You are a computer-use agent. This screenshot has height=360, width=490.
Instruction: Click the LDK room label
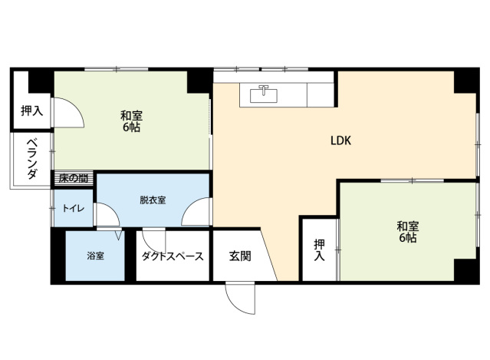[x=340, y=140]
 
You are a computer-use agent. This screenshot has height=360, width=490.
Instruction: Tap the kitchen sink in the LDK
[x=264, y=94]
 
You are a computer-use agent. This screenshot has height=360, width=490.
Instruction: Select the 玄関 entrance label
[x=239, y=256]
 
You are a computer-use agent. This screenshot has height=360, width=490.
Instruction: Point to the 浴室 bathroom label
[x=95, y=256]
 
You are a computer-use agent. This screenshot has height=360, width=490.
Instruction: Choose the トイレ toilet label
[x=74, y=207]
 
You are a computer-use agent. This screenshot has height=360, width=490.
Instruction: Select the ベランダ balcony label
[x=31, y=160]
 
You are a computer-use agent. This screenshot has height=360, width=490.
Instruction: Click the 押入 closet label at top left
[x=31, y=111]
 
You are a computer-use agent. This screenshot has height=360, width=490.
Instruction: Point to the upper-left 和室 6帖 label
[x=131, y=121]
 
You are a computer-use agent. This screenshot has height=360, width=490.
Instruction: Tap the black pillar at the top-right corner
[x=464, y=81]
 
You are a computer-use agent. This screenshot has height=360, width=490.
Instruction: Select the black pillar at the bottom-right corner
[x=464, y=270]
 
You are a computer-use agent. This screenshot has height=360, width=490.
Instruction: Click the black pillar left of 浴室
[x=58, y=255]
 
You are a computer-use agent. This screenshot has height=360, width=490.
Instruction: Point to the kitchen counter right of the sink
[x=321, y=94]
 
